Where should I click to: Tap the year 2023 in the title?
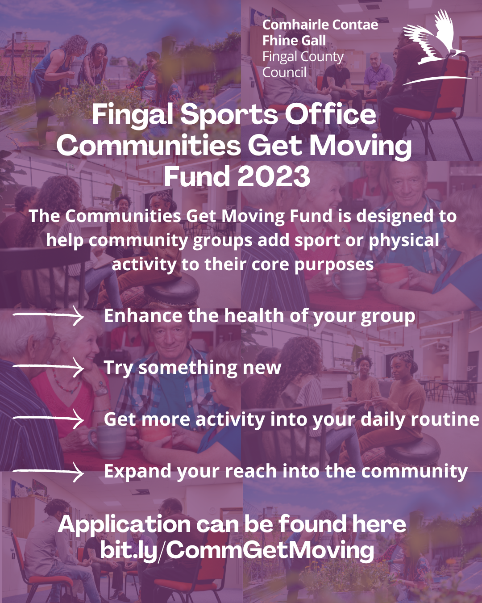274,176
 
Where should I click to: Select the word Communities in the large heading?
149,145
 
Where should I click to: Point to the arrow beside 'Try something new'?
48,367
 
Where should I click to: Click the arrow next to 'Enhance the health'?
48,315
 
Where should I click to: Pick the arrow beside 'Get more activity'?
48,419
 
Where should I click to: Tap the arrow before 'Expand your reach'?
48,472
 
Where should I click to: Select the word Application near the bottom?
125,524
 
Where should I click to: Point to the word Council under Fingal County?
284,72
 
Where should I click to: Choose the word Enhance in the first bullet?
143,316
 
